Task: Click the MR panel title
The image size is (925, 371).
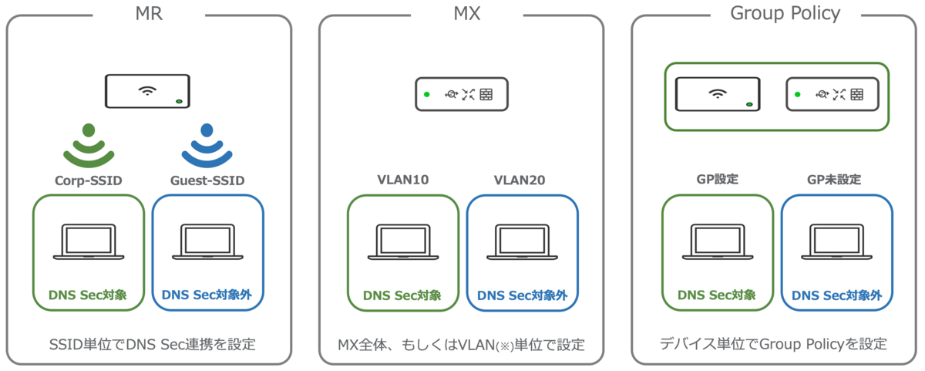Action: click(148, 13)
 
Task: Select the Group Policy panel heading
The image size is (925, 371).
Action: click(785, 13)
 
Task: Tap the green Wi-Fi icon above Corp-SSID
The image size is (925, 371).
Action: click(89, 146)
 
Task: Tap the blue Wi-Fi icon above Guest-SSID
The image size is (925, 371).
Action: click(207, 146)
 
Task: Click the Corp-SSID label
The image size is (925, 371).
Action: click(89, 181)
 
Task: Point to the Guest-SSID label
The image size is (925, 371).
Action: click(207, 181)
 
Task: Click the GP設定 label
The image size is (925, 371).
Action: click(718, 180)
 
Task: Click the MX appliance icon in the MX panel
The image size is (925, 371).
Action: click(462, 94)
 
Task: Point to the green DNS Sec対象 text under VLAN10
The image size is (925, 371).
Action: click(402, 295)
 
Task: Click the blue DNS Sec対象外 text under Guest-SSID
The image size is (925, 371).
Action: click(207, 294)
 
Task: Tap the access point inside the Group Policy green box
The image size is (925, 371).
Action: click(718, 95)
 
